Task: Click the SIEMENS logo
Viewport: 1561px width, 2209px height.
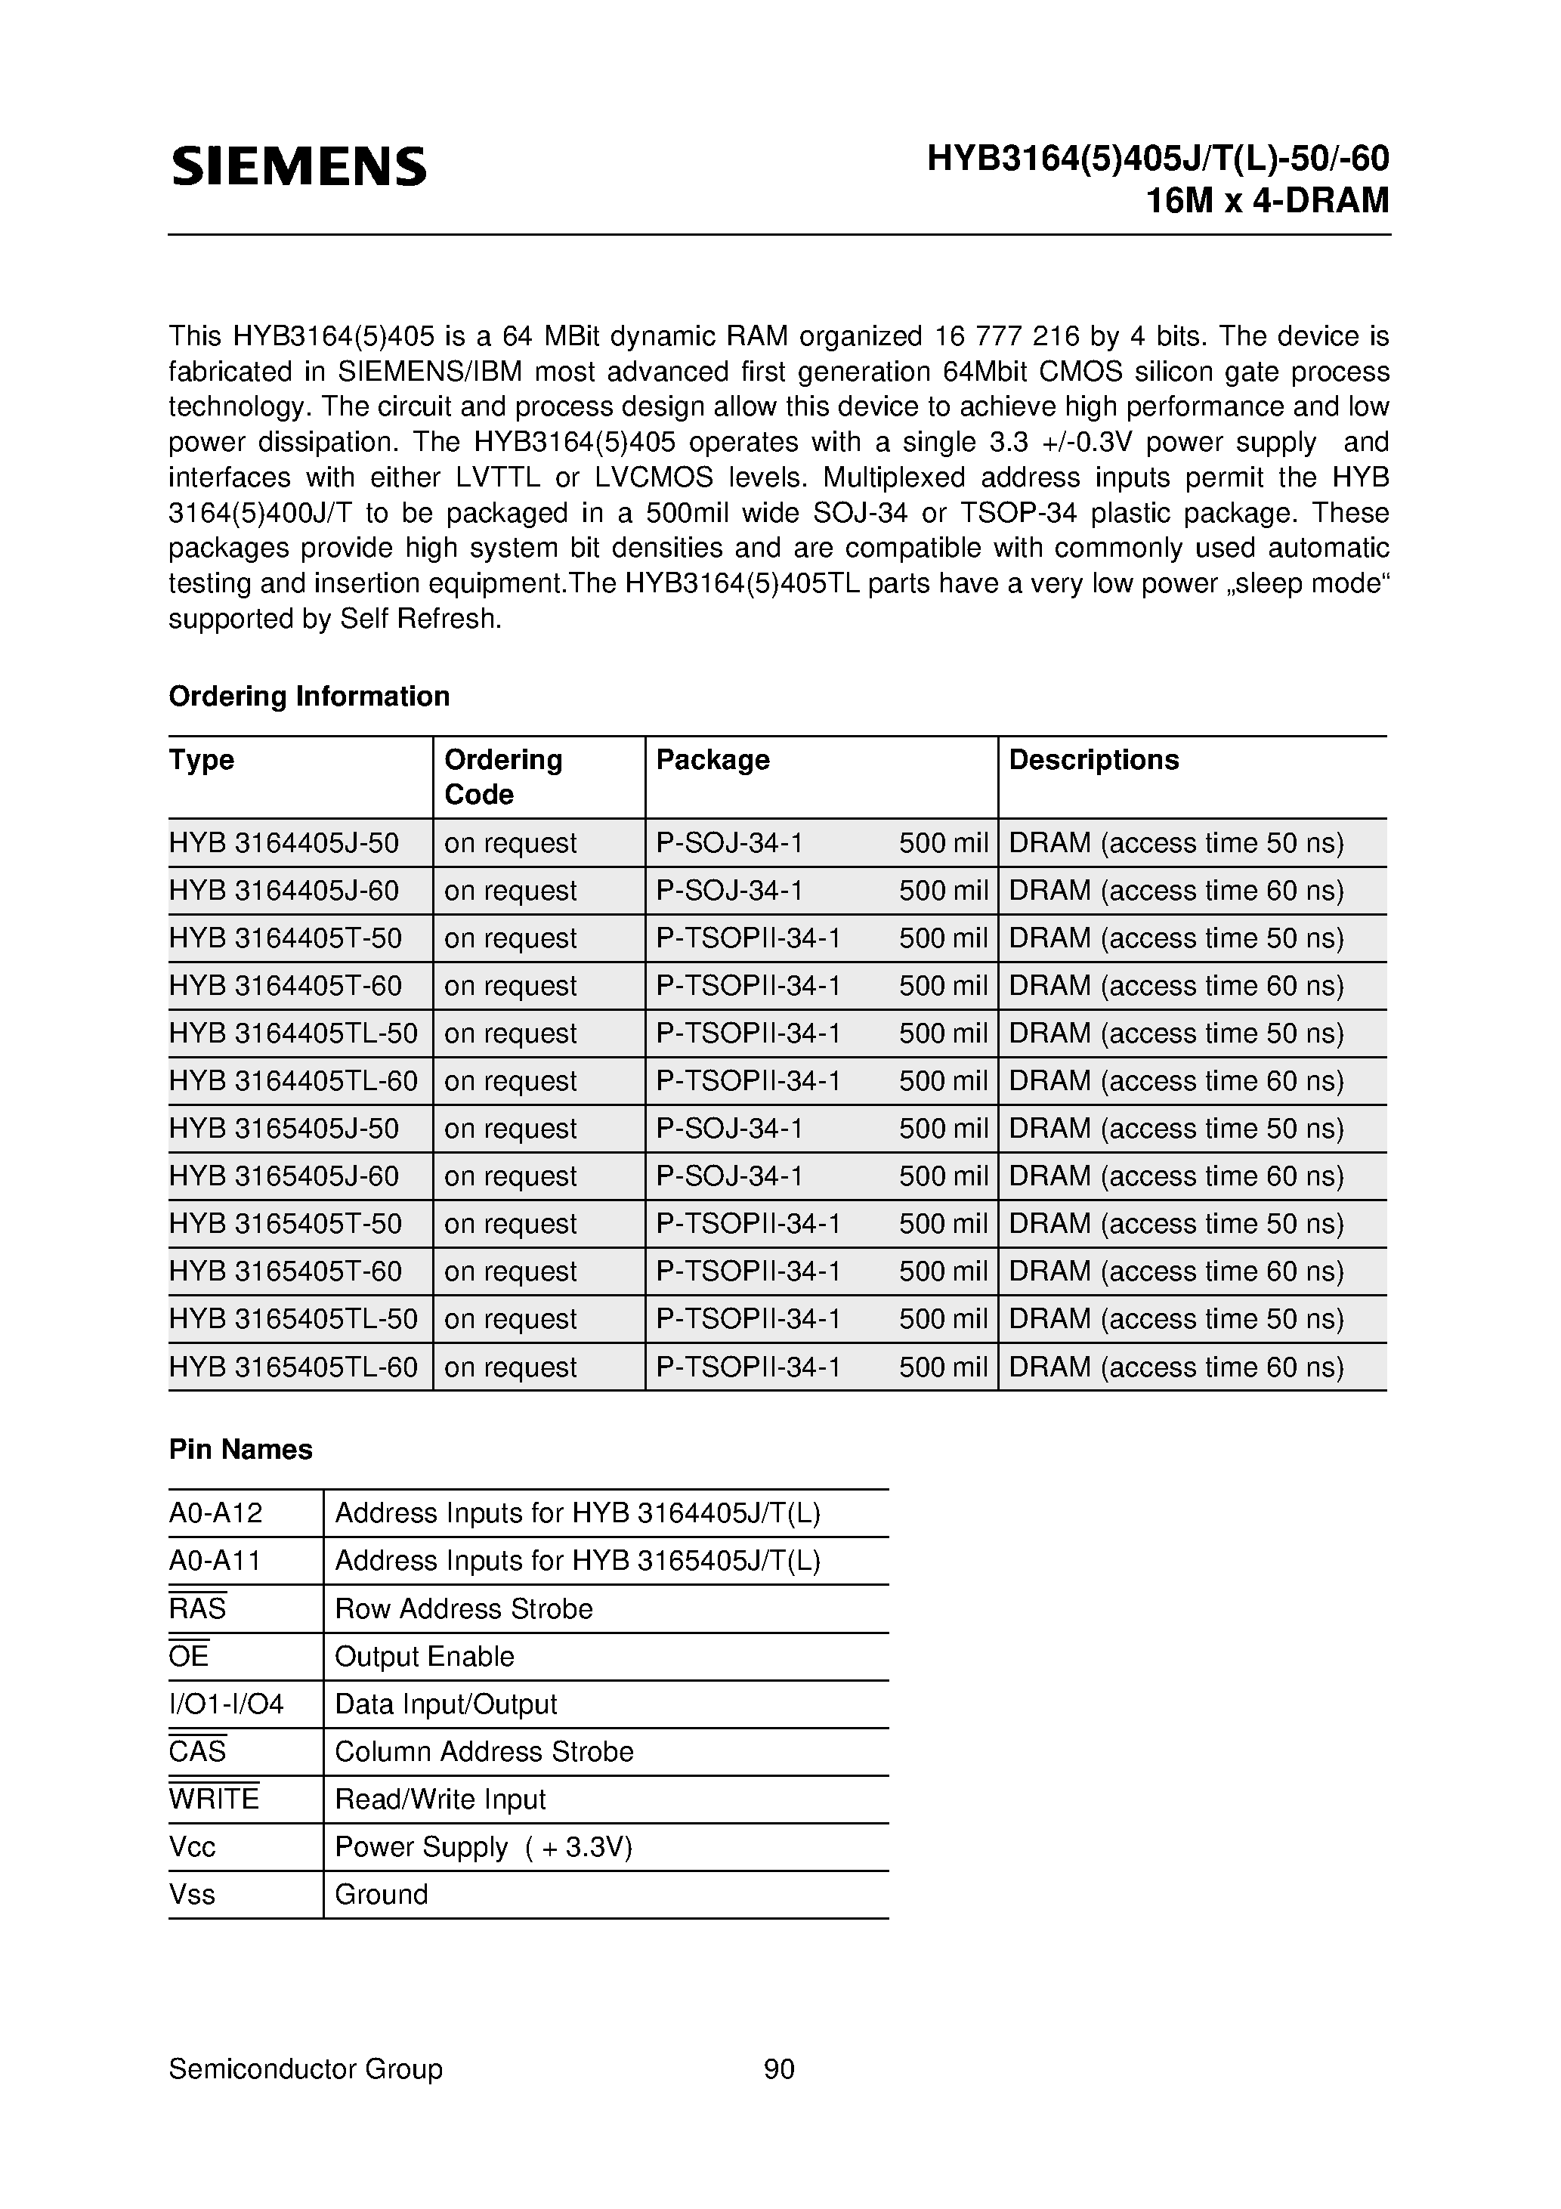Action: click(298, 166)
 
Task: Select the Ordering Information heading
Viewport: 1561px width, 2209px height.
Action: click(309, 696)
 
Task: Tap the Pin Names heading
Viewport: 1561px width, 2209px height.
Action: click(240, 1449)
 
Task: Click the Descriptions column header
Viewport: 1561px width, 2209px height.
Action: click(1093, 759)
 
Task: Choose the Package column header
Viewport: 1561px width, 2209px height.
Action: click(712, 759)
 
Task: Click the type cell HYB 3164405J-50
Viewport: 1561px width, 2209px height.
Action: click(284, 843)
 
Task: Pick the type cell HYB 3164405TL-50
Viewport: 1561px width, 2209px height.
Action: click(293, 1033)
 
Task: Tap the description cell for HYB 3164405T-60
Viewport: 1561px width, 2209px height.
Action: click(1175, 985)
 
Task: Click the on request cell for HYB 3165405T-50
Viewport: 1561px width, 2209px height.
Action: click(510, 1224)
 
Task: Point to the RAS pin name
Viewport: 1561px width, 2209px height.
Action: click(197, 1608)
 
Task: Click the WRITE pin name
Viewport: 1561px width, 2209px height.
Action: click(214, 1799)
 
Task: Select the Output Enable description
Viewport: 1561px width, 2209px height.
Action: click(425, 1656)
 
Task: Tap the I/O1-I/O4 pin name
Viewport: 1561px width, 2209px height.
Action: click(226, 1704)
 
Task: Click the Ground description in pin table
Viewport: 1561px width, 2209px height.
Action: click(381, 1895)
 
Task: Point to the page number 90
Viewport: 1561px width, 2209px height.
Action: click(778, 2068)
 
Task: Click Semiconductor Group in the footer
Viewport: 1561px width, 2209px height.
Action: click(305, 2068)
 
